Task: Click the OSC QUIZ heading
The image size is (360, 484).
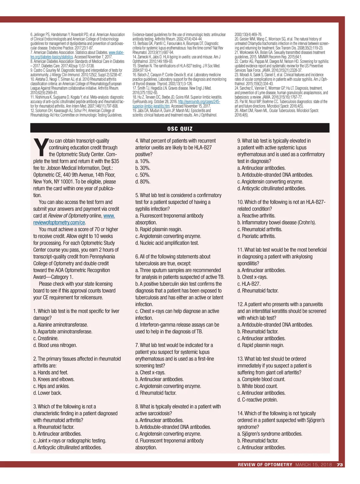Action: coord(180,129)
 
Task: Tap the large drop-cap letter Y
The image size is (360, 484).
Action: coord(41,148)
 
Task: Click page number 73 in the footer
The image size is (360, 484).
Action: coord(340,464)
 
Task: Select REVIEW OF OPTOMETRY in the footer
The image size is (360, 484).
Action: coord(265,464)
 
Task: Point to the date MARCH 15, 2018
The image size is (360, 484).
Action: coord(313,464)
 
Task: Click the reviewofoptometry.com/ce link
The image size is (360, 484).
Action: coord(59,222)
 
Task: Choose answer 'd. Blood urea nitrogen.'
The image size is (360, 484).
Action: coord(55,345)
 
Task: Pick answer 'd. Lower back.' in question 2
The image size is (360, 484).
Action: coord(47,393)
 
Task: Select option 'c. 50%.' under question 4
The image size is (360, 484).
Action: coord(143,175)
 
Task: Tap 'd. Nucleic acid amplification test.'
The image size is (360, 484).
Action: coord(167,243)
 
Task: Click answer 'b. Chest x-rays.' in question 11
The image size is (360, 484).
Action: coord(252,277)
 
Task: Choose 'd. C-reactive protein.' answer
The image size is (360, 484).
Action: coord(257,400)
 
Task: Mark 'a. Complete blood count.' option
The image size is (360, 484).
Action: coord(261,379)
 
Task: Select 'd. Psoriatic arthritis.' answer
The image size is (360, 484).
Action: coord(256,236)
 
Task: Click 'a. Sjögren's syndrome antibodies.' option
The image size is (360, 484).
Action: coord(270,434)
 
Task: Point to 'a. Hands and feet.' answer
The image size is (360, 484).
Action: coord(51,372)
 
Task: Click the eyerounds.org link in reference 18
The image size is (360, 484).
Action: coord(199,101)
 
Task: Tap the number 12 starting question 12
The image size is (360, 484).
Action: coord(240,304)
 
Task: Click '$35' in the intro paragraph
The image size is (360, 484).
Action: coord(115,161)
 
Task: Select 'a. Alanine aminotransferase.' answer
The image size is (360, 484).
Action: coord(61,325)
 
